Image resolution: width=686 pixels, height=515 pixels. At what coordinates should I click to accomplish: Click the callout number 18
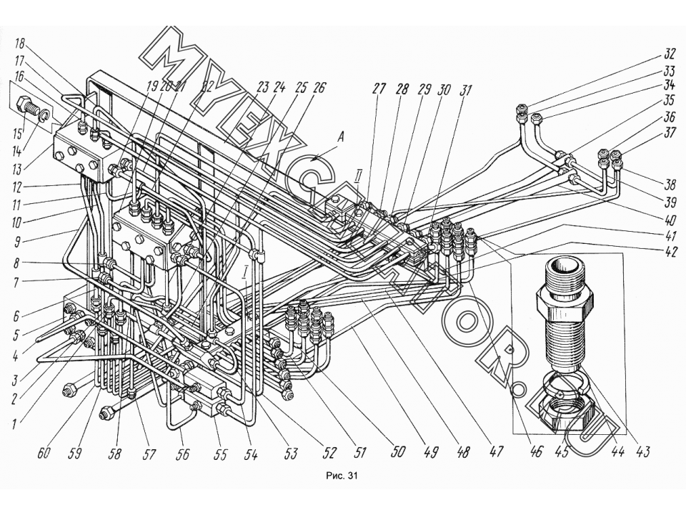20,44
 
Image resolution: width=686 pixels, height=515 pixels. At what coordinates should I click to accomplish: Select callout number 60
44,453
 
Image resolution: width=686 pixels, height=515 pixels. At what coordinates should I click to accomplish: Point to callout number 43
642,451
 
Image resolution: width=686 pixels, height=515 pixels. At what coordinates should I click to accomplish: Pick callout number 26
319,87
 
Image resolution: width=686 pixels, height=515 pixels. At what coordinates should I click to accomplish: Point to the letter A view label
341,138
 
